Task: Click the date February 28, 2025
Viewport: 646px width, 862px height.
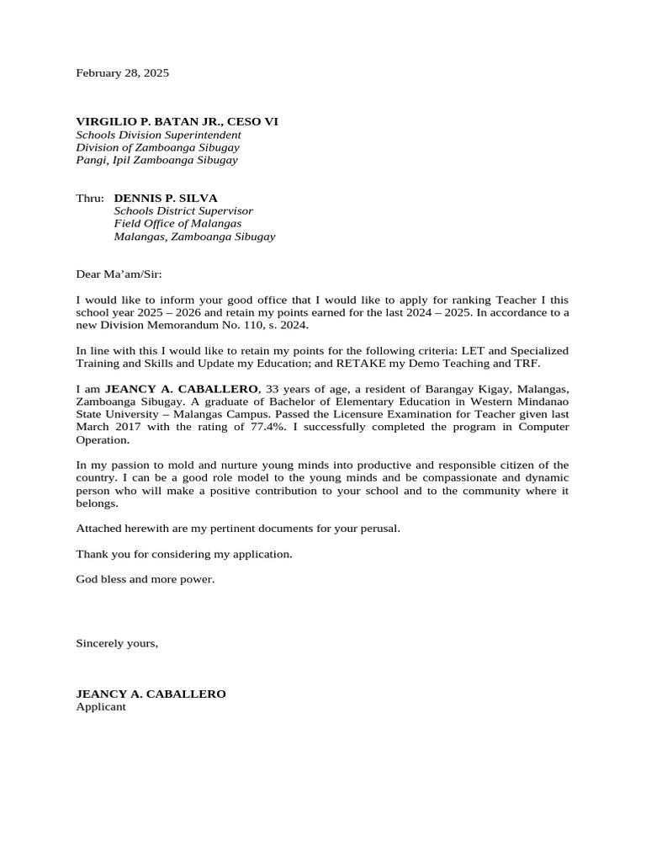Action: point(122,73)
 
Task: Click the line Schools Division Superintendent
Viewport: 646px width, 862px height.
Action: point(158,135)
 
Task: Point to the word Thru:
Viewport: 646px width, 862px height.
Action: point(90,199)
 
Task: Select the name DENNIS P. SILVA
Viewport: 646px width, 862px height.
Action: point(166,199)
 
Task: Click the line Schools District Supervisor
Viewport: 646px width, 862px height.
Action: point(183,211)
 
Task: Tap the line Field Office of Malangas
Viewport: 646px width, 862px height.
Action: point(177,224)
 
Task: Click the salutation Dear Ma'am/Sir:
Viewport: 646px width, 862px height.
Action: point(119,274)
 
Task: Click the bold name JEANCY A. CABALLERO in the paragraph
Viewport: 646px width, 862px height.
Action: point(182,389)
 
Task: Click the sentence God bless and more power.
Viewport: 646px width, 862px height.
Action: point(146,579)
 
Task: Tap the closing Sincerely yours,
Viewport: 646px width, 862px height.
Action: point(117,643)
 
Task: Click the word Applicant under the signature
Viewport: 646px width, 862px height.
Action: point(101,707)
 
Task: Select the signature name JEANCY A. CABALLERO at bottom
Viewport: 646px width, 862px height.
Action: point(151,694)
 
